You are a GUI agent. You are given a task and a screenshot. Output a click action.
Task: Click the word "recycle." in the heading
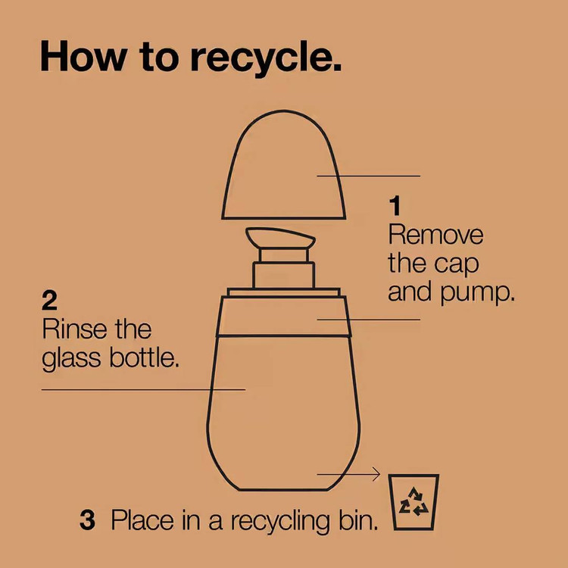point(266,58)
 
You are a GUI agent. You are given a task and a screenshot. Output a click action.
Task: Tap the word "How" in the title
point(83,56)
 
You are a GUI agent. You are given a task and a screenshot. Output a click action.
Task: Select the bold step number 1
point(395,206)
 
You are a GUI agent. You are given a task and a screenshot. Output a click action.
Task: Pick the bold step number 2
point(50,301)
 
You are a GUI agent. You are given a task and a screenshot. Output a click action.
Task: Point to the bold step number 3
point(87,520)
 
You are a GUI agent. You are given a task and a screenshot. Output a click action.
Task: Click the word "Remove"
point(435,235)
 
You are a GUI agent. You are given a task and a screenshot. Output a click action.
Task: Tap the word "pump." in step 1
point(477,294)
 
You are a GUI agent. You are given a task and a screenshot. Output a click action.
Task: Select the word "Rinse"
point(74,329)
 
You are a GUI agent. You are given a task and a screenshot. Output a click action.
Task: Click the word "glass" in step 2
point(71,360)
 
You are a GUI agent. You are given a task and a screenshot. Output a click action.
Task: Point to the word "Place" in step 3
point(142,520)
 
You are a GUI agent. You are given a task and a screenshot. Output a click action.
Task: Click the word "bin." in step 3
point(359,520)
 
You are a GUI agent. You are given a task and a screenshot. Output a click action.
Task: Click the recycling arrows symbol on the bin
point(414,501)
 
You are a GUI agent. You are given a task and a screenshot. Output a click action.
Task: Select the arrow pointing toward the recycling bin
point(348,474)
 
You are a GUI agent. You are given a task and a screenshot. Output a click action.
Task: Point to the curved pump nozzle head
point(280,239)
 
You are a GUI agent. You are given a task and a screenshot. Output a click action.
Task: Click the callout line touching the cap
point(368,176)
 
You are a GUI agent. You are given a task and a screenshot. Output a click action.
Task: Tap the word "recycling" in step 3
point(280,522)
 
